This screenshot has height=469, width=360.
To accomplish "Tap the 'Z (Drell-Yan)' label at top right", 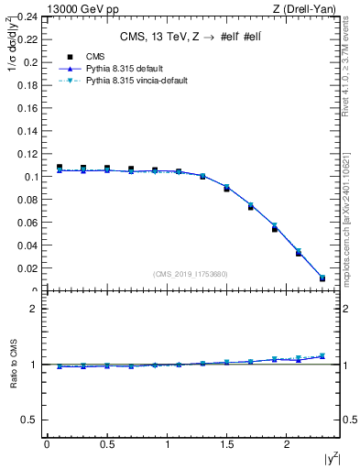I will click(x=309, y=8).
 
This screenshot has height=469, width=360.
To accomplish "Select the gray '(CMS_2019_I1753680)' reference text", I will click(x=190, y=273).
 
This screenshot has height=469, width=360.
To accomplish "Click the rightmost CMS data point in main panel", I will click(x=322, y=278).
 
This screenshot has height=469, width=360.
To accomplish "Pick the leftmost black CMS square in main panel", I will click(x=60, y=168).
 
